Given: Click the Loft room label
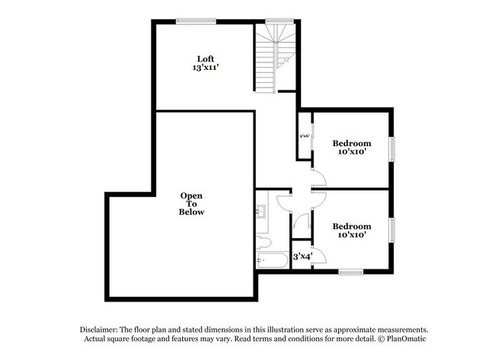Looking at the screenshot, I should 204,59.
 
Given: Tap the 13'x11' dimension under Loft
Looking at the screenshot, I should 204,68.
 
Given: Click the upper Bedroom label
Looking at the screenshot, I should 352,143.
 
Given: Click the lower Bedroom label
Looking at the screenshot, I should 352,226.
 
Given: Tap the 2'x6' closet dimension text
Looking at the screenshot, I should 304,136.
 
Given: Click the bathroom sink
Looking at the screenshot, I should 263,210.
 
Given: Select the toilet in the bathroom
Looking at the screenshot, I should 263,243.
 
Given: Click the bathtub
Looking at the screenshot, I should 272,262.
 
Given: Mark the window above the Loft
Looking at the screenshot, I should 195,21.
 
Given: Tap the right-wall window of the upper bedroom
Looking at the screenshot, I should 393,149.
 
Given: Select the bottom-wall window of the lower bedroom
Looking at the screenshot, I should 350,272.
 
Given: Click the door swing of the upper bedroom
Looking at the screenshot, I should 318,179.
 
